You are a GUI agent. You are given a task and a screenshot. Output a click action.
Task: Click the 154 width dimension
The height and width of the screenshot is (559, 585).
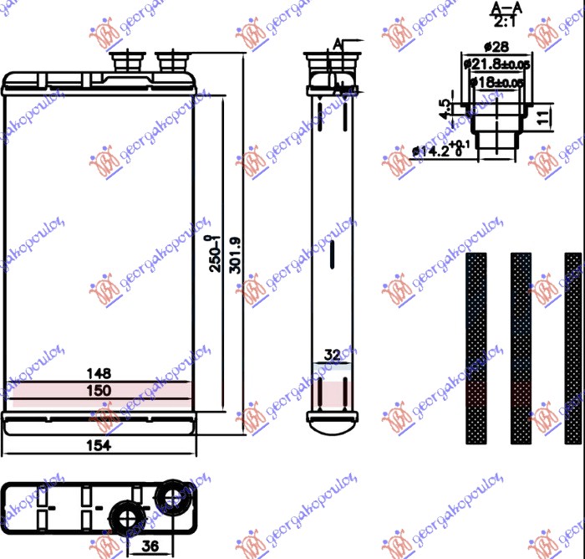point(99,445)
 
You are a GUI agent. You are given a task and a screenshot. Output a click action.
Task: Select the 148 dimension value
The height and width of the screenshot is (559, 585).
point(99,373)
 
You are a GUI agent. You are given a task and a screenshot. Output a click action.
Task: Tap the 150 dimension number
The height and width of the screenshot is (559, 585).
point(99,391)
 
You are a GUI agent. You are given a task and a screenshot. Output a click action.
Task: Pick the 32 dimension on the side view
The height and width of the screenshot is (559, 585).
point(332,356)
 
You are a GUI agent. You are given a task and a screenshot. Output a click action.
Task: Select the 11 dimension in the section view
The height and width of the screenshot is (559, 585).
point(543,116)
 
